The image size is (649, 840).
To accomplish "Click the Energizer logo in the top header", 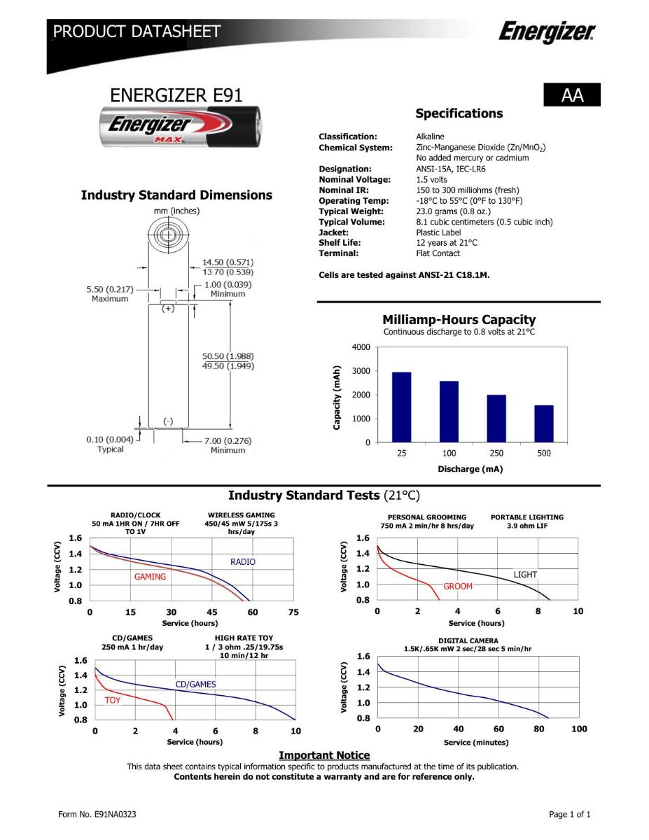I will pos(547,32).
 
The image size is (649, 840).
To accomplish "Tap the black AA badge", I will pos(572,95).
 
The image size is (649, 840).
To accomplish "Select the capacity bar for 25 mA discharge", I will pos(401,407).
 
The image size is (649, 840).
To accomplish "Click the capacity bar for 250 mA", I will pos(496,419).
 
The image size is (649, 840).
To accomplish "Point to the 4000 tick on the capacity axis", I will pos(362,347).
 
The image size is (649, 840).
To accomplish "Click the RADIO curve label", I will pos(243,562).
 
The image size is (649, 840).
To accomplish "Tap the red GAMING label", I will pos(150,577).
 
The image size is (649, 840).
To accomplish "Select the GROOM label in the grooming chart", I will pos(458,587).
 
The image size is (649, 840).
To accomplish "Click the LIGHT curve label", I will pos(525,575).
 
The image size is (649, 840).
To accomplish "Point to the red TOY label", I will pos(112,700).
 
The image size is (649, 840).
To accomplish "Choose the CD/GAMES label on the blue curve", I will pos(195,685).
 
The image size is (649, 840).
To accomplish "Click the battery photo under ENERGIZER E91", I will pos(179,127).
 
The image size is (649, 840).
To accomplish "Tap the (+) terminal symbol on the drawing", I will pos(168,308).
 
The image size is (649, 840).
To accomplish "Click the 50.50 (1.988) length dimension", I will pos(228,356).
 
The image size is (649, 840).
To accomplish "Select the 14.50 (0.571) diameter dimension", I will pos(228,262).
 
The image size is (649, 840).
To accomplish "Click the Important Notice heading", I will pos(324,755).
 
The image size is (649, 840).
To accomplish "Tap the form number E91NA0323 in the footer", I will pos(97,814).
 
